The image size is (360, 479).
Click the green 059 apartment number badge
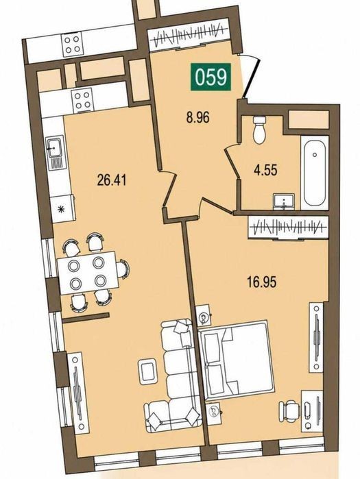tap(211, 77)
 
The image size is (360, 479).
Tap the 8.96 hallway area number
tap(198, 117)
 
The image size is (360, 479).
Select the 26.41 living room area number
tap(112, 180)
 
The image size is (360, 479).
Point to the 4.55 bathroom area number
tap(265, 170)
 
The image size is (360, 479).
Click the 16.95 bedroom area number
tap(261, 282)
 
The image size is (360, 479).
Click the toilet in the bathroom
tap(259, 130)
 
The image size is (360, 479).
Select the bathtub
tap(315, 173)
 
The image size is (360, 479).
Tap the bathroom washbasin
tap(284, 202)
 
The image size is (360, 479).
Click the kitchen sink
tap(55, 152)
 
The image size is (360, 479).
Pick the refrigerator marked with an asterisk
tap(62, 209)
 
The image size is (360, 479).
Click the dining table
tap(88, 273)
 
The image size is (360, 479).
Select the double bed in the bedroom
tap(236, 360)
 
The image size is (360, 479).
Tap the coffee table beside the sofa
tap(148, 372)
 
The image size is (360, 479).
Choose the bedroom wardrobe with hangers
tap(289, 228)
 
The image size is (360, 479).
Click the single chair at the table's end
tap(123, 269)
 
